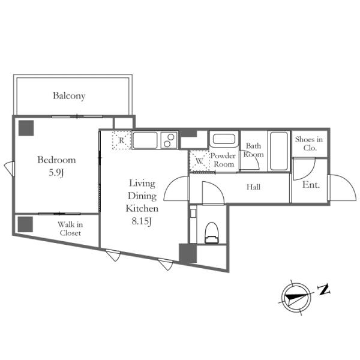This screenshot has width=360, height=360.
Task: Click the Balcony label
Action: pos(69,96)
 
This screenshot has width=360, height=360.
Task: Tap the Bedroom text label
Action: pos(56,160)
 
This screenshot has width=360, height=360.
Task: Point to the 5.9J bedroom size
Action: pos(56,173)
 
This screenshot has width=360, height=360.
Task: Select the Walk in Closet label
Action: pos(70,229)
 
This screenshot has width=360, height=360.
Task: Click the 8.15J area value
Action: pos(142,221)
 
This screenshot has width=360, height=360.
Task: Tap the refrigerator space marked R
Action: pos(122,140)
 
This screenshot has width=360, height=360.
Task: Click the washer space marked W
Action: pos(199,161)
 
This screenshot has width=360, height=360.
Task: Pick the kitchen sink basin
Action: pos(145,140)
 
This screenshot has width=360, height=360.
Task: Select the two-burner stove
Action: pos(169,140)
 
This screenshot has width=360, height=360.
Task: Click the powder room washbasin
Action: pos(224,139)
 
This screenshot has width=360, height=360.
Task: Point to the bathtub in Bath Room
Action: pos(279,151)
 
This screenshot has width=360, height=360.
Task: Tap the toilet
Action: pos(212,233)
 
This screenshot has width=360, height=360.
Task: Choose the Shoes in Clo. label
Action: pos(309,143)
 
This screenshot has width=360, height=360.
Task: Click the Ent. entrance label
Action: pos(311,185)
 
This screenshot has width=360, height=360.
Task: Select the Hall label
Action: pos(253,187)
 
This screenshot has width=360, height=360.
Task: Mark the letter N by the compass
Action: pos(324,290)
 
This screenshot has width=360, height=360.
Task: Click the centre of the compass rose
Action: pos(296,298)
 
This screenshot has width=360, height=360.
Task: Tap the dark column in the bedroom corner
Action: pos(26,128)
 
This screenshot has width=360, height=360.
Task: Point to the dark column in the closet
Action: pos(25,224)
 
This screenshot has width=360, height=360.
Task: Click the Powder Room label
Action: pos(223,160)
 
